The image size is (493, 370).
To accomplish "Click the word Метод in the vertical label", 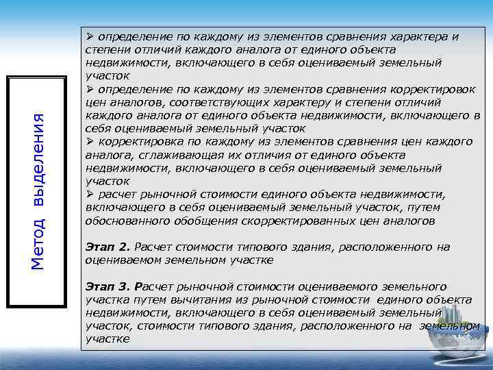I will tap(40, 243).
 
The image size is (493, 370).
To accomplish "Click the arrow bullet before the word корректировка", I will tap(90, 141).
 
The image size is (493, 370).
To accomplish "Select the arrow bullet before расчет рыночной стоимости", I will tap(90, 194).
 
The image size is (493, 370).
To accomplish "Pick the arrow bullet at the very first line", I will tap(90, 36).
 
